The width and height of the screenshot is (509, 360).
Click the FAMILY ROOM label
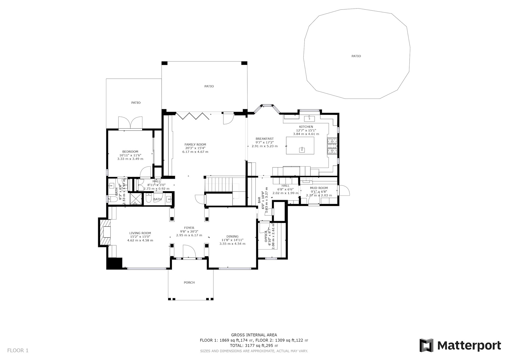(x=195, y=144)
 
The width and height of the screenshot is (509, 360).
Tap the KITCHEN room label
(x=306, y=127)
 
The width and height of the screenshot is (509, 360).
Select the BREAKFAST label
(x=265, y=139)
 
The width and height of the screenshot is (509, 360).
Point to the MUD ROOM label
(x=319, y=188)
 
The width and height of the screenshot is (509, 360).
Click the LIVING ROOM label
(x=140, y=233)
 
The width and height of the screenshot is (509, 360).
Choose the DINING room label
(x=232, y=237)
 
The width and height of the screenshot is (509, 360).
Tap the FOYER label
(x=189, y=228)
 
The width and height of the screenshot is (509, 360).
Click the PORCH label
(x=189, y=282)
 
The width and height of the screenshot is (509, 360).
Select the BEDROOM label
(x=130, y=152)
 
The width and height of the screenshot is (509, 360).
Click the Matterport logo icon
(x=426, y=345)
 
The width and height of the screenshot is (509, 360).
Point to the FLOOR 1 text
(x=18, y=350)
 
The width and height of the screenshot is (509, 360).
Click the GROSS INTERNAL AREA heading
(x=254, y=335)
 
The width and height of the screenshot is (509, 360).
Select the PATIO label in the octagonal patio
(x=356, y=56)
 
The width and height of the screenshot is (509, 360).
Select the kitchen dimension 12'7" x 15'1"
(x=306, y=130)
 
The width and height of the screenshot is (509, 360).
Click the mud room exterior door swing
(x=344, y=190)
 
